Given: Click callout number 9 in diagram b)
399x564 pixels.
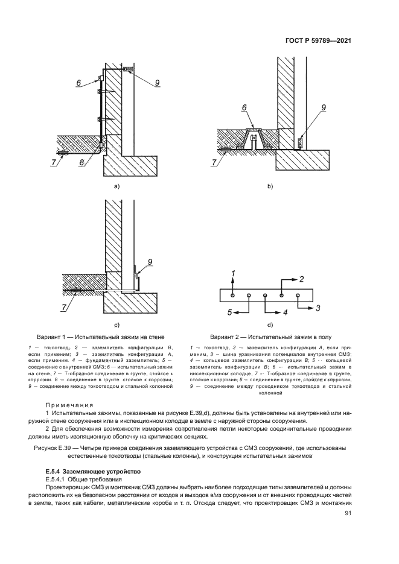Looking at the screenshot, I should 324,107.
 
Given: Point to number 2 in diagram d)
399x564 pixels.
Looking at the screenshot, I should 301,279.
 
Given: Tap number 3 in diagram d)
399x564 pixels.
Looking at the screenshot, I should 318,308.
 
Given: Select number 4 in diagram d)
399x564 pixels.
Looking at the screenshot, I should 285,312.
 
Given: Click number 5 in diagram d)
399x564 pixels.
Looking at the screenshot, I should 229,312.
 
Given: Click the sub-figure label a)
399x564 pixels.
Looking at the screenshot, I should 117,186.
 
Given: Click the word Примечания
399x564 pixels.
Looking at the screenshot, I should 68,405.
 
